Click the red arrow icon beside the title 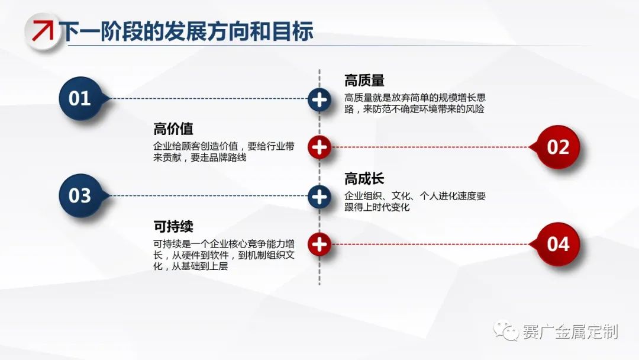coord(42,30)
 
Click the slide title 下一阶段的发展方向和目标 coord(188,31)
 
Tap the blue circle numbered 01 coord(80,98)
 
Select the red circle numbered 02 coord(557,147)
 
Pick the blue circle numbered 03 coord(80,195)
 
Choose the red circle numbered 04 coord(557,243)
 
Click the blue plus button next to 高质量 coord(319,99)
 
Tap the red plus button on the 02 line coord(319,147)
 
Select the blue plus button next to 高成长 coord(319,195)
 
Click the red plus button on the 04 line coord(319,243)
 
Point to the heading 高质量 coord(364,81)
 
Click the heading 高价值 coord(173,129)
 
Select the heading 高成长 coord(364,178)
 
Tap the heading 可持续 coord(173,226)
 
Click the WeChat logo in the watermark coord(507,330)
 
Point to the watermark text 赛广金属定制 coord(570,332)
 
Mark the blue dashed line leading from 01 coord(207,98)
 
